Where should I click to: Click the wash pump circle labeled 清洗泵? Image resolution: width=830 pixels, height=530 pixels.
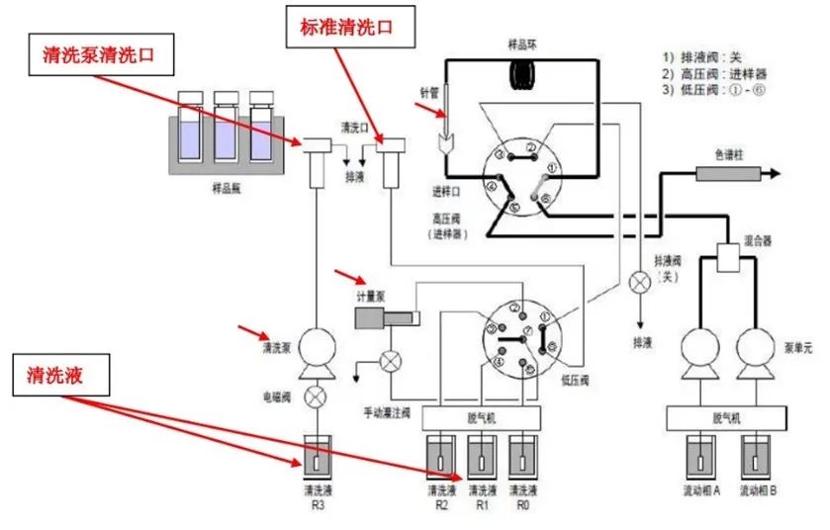pyautogui.click(x=315, y=346)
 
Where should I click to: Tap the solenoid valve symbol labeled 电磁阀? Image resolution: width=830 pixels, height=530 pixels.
pyautogui.click(x=315, y=397)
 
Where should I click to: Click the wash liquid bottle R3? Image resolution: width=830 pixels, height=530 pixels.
pyautogui.click(x=315, y=456)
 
